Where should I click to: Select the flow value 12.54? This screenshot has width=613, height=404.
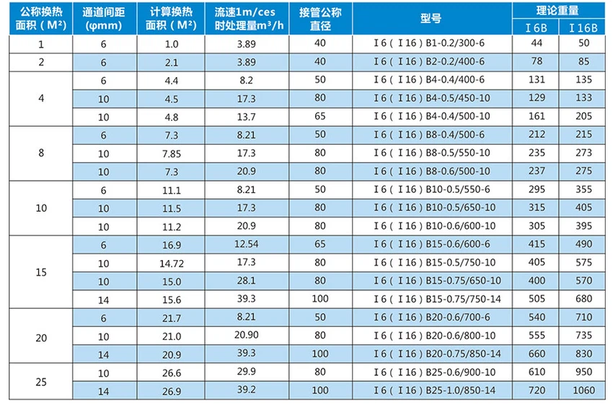246,245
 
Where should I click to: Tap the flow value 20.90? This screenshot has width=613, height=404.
246,336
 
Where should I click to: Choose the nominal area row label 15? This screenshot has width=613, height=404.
41,272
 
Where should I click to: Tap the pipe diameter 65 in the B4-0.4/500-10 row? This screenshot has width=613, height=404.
320,116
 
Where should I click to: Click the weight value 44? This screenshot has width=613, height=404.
536,44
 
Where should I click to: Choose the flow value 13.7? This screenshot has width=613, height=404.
246,116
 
